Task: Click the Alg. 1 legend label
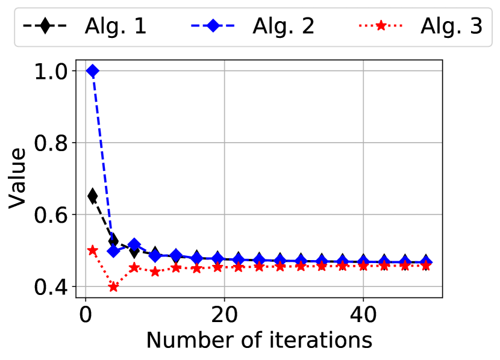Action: tap(116, 26)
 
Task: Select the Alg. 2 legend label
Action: tap(284, 26)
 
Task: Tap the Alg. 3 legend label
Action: tap(452, 26)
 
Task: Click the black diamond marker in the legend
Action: tap(45, 25)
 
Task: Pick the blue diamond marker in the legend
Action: tap(213, 25)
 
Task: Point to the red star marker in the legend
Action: tap(381, 25)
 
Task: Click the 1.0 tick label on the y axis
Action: tap(51, 72)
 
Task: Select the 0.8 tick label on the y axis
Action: tap(51, 143)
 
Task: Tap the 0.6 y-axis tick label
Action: tap(51, 215)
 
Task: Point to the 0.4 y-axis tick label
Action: tap(51, 287)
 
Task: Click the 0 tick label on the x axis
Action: tap(86, 315)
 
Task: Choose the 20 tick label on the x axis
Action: tap(224, 315)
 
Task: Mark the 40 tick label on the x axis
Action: tap(363, 315)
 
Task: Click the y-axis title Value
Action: tap(17, 178)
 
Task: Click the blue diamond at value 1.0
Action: tap(93, 70)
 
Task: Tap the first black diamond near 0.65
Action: tap(93, 196)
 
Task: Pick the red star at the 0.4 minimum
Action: tap(113, 287)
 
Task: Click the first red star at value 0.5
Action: tap(93, 250)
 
